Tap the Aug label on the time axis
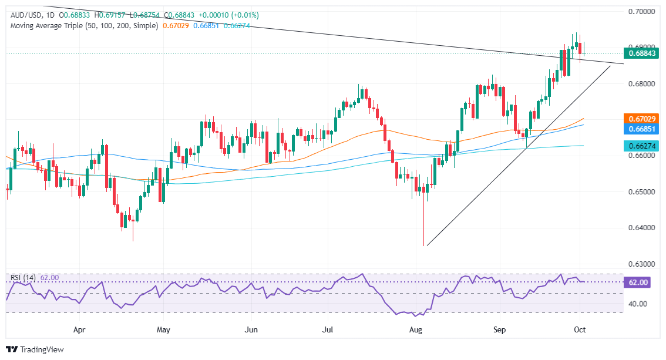(x=416, y=331)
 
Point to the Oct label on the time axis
(x=579, y=331)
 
